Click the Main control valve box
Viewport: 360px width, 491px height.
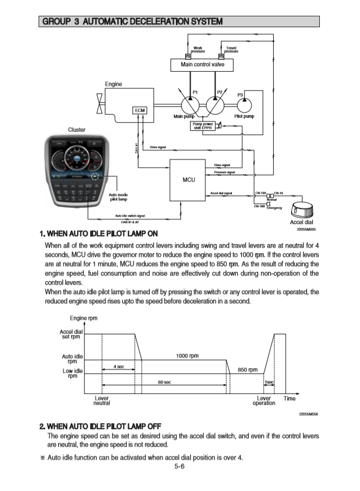201,65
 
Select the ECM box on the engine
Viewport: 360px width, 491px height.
140,110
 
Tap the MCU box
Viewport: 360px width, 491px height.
188,179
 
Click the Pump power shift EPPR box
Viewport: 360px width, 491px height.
202,126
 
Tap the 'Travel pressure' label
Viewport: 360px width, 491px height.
231,49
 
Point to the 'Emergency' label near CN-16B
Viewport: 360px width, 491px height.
274,208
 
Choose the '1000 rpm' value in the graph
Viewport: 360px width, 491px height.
187,356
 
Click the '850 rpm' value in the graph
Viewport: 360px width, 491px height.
248,370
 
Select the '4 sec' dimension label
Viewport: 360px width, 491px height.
121,367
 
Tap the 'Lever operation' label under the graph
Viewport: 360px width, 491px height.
263,401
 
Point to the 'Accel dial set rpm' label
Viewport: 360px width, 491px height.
71,334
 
